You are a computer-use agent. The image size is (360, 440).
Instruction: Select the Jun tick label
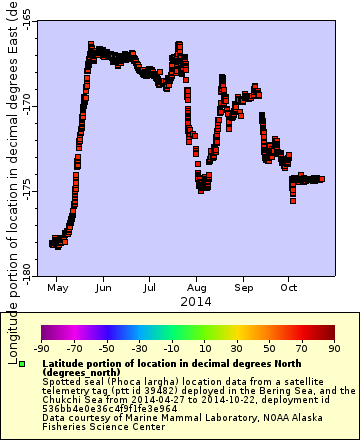[x=103, y=288]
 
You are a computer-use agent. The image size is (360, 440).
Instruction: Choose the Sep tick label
[x=244, y=288]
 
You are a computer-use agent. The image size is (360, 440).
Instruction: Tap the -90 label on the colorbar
[x=41, y=347]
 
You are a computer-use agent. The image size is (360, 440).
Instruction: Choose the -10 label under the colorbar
[x=169, y=347]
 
